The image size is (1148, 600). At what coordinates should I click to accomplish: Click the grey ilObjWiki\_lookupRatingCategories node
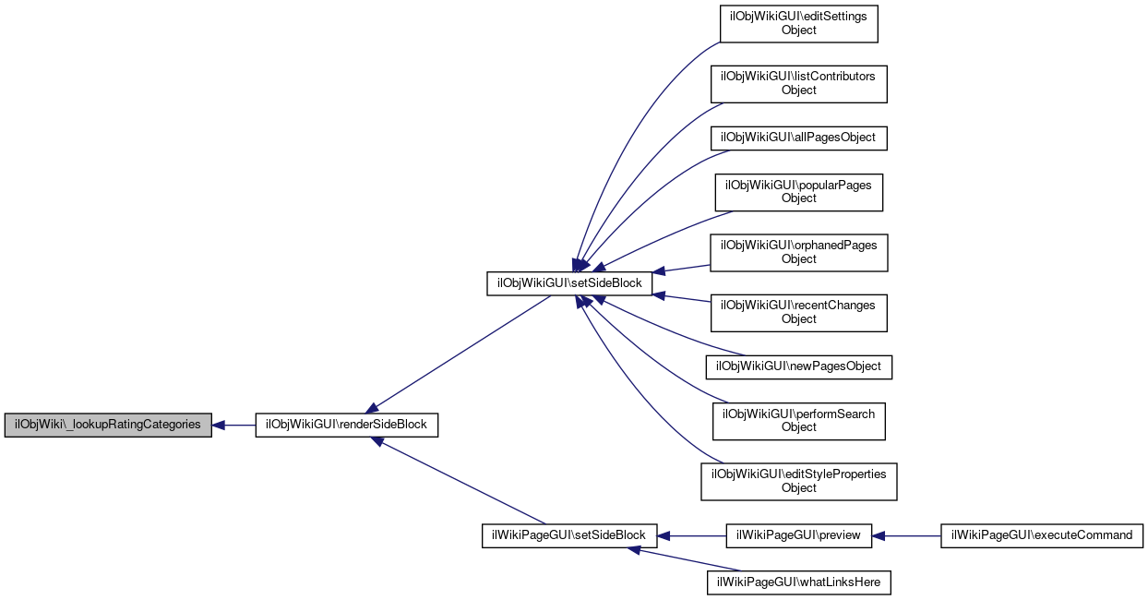108,426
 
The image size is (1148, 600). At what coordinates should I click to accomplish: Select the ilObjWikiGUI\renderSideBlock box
346,426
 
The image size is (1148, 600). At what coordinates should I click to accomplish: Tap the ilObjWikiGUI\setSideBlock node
569,283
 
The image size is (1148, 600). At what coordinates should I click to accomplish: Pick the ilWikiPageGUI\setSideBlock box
569,535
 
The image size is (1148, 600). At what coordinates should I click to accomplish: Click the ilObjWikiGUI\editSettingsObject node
798,23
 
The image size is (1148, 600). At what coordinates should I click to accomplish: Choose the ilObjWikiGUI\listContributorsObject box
798,83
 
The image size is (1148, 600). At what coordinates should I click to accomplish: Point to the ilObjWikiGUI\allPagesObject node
798,138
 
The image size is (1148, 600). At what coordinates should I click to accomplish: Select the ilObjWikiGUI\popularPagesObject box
798,191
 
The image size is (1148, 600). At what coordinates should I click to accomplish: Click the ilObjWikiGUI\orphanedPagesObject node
798,252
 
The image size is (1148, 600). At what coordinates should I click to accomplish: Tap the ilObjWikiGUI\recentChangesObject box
798,312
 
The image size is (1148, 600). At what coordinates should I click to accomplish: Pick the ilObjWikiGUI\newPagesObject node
799,366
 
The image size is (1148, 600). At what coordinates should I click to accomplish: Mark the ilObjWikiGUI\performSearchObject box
798,420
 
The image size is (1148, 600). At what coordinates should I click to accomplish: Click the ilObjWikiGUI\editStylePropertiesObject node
799,481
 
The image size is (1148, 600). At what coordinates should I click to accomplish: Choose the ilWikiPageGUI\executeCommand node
1042,535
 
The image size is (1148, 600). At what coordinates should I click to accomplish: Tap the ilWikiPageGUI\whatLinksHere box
799,582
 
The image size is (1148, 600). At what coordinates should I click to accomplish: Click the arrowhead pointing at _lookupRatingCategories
219,426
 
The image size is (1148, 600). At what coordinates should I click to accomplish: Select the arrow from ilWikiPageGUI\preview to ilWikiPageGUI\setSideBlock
692,535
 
